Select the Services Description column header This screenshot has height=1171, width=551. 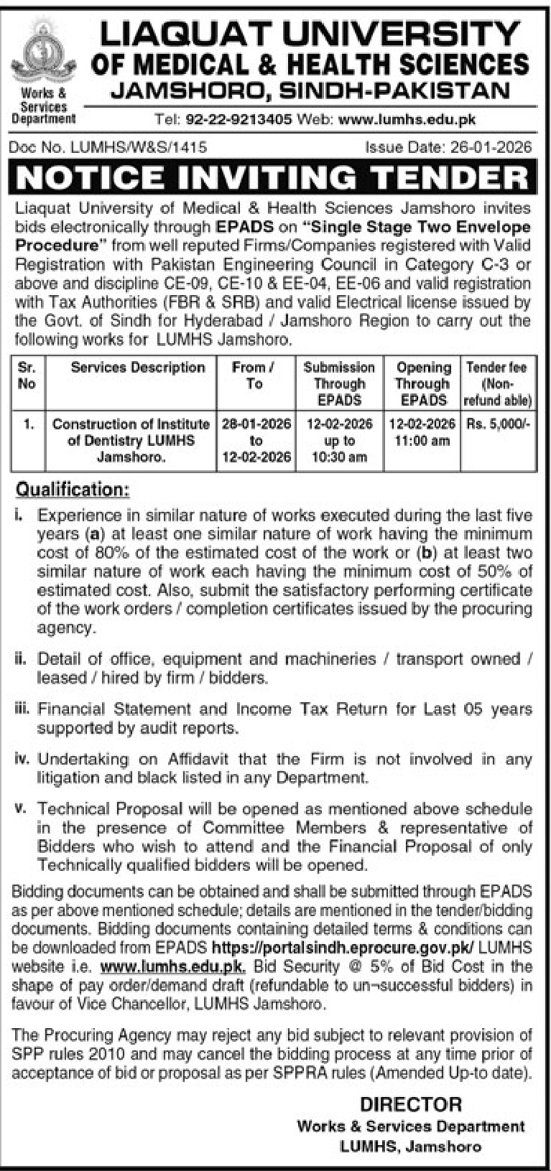(x=138, y=368)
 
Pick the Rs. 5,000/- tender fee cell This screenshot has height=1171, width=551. (x=496, y=424)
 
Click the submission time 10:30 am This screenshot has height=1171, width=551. (x=339, y=457)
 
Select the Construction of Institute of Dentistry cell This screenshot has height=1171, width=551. (x=131, y=439)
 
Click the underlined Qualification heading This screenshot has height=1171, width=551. (x=73, y=490)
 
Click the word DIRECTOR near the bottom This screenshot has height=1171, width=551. (x=411, y=1104)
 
